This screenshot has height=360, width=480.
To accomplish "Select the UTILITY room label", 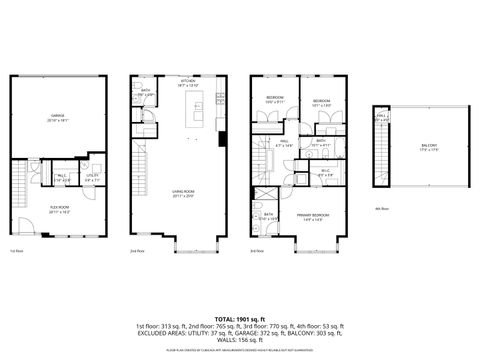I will pos(92,178).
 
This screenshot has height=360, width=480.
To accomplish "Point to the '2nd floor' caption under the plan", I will pos(138,250).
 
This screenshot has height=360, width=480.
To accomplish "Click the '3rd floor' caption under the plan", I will pos(257,250).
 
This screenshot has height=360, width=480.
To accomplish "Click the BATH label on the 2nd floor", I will pos(145,94).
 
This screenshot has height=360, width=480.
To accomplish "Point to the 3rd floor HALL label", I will pos(284,143).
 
